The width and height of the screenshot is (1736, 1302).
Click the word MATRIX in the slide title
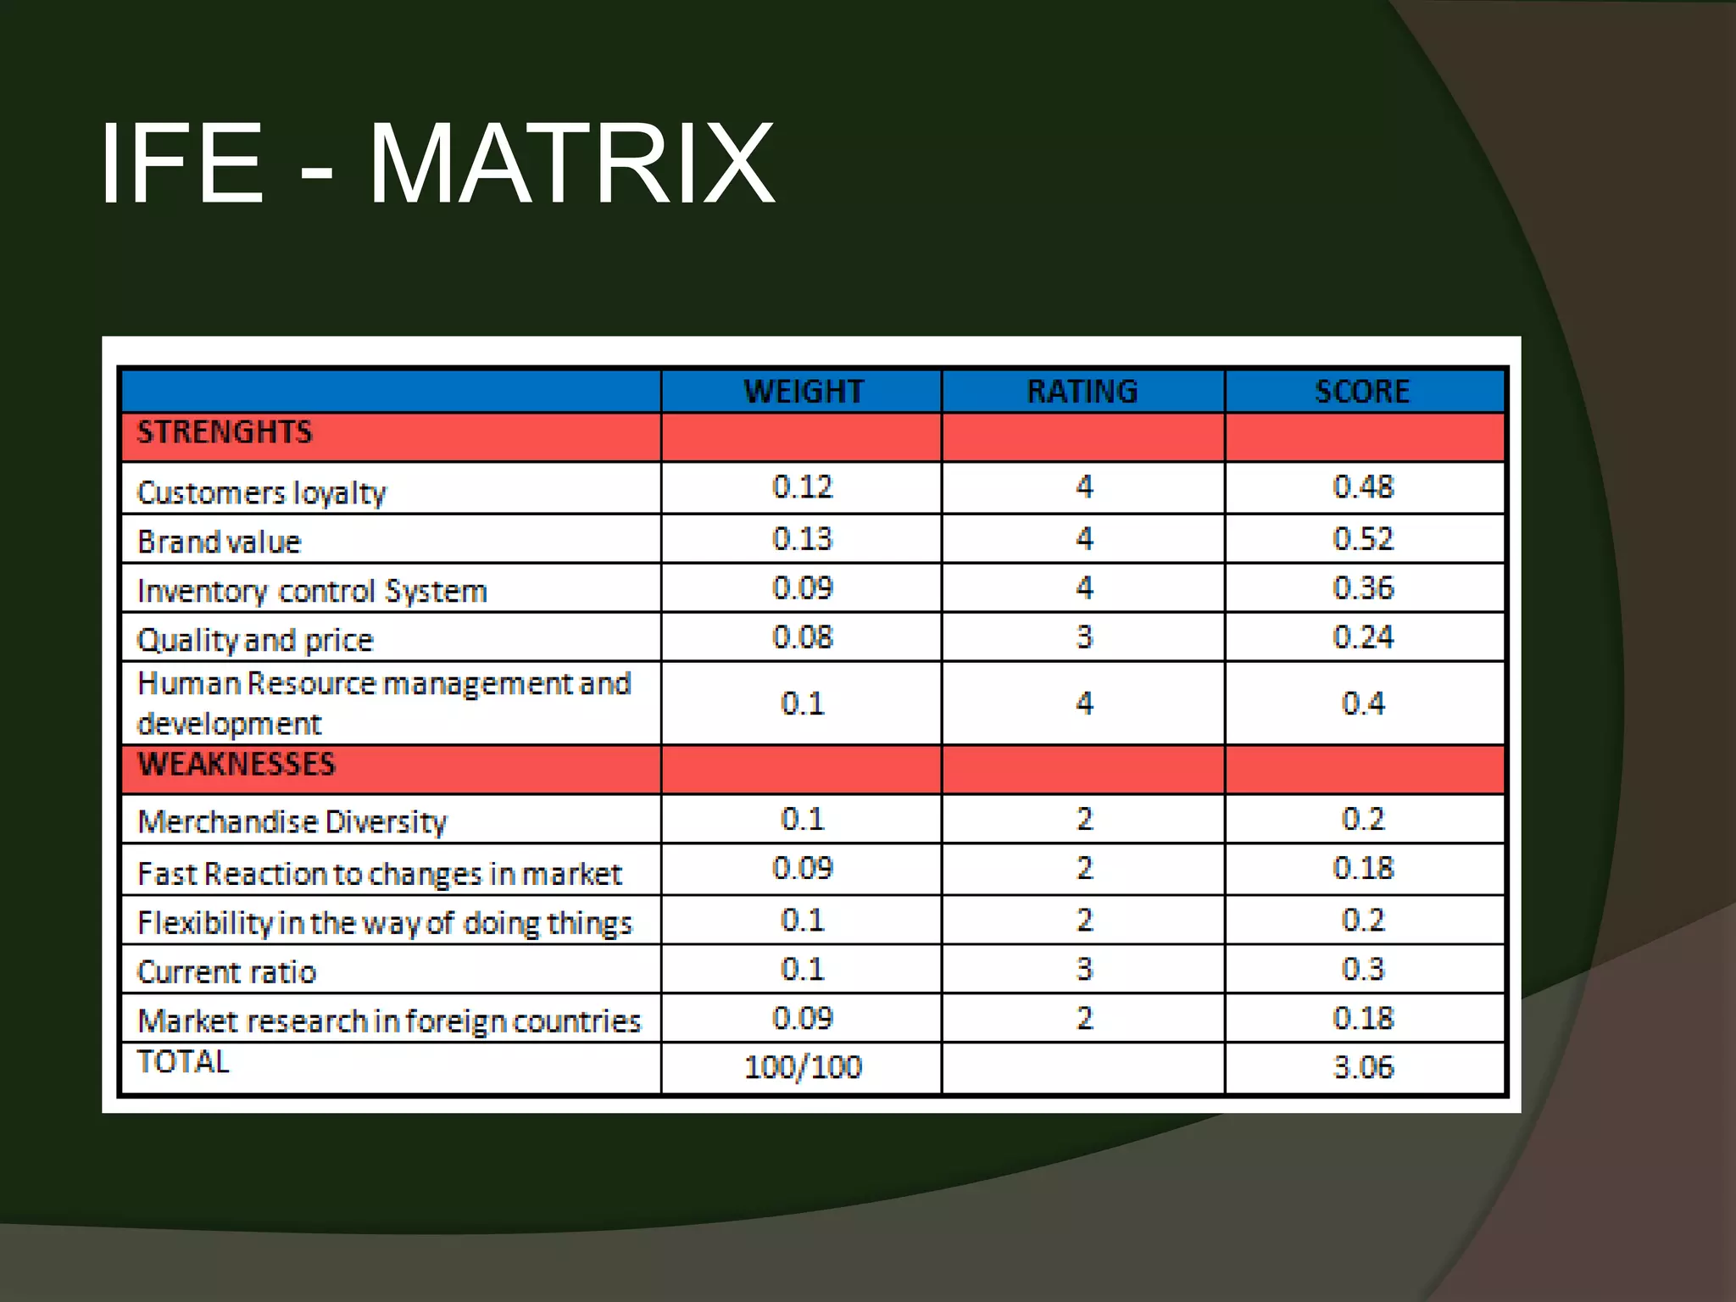[572, 164]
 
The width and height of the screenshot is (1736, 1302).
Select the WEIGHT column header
[803, 392]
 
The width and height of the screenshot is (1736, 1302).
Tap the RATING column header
[1082, 392]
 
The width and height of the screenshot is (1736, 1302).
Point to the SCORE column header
[1362, 392]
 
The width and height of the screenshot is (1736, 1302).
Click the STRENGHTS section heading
[225, 432]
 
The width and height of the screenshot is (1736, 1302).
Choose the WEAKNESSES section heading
[236, 765]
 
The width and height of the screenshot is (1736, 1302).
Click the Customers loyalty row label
[261, 492]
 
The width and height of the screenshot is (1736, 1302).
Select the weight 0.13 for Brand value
[802, 539]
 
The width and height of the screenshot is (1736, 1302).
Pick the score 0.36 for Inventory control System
[1363, 588]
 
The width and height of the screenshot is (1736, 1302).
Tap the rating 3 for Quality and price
[1084, 637]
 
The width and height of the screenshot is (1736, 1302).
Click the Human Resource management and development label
[383, 704]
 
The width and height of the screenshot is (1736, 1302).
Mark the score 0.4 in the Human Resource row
[1363, 704]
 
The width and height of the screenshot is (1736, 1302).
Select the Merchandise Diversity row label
[292, 821]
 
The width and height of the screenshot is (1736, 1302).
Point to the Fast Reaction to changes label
[379, 874]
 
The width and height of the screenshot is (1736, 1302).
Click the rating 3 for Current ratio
[1084, 969]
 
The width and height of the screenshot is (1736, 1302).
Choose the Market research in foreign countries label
[389, 1021]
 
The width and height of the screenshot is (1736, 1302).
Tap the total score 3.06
[1363, 1067]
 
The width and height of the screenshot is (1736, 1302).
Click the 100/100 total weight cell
[802, 1067]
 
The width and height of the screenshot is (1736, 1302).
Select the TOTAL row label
[183, 1062]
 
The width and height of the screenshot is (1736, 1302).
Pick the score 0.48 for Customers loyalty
[1363, 487]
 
